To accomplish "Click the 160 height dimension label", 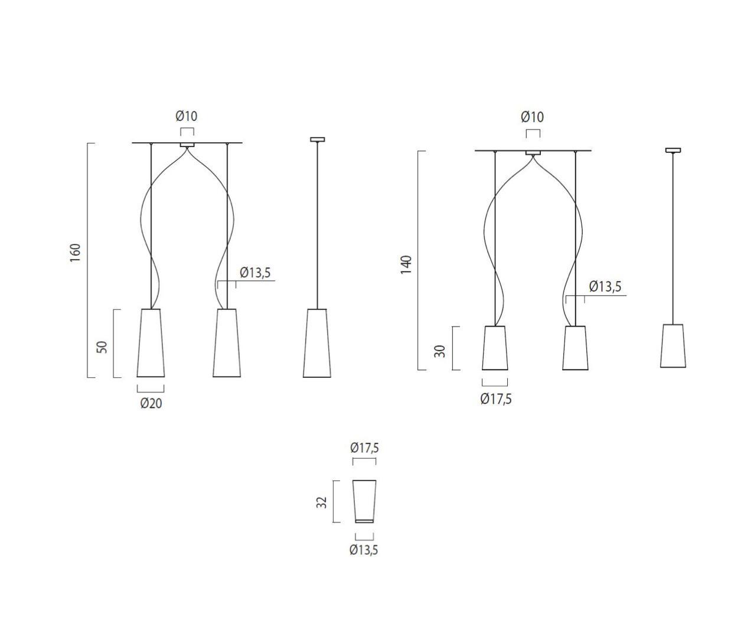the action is [x=75, y=252].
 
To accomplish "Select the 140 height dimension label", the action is [x=406, y=265].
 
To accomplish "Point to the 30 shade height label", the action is [x=440, y=351].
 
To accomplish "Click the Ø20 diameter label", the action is [x=151, y=403].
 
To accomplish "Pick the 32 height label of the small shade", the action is [x=321, y=503].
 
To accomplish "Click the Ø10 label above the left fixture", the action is [x=187, y=116].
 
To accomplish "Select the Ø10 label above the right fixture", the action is [x=532, y=117].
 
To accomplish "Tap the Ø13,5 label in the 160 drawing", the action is [x=255, y=272].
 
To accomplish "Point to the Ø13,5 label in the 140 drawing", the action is [x=605, y=287].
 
